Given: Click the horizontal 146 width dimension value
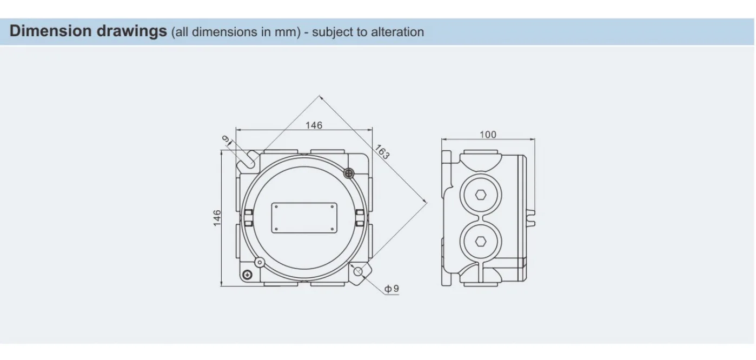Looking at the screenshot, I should (314, 125).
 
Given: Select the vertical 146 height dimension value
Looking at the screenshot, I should (217, 218).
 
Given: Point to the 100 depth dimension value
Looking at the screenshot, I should (488, 135).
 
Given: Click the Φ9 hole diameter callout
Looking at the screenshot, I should (392, 289).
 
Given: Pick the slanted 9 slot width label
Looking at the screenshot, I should (227, 139).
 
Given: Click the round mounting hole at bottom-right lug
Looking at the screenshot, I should (358, 272).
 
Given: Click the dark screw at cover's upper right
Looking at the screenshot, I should (349, 173).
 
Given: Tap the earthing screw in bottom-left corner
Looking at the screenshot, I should (247, 275).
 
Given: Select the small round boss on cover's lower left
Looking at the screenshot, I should (260, 263).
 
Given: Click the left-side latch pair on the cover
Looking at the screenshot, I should (248, 218).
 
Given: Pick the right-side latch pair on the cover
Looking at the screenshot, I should (360, 218).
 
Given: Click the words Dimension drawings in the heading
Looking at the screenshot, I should (89, 31).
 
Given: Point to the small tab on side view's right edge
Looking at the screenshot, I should (532, 217).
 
